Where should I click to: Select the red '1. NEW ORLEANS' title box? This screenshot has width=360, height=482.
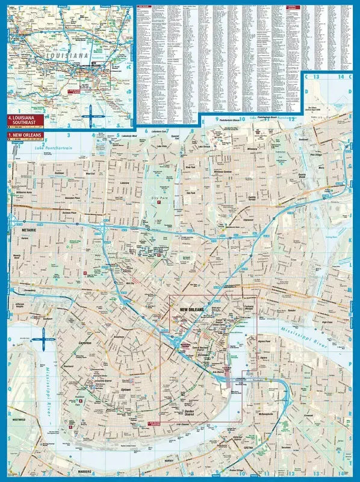25,136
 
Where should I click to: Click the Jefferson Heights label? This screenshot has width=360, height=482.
19,308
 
